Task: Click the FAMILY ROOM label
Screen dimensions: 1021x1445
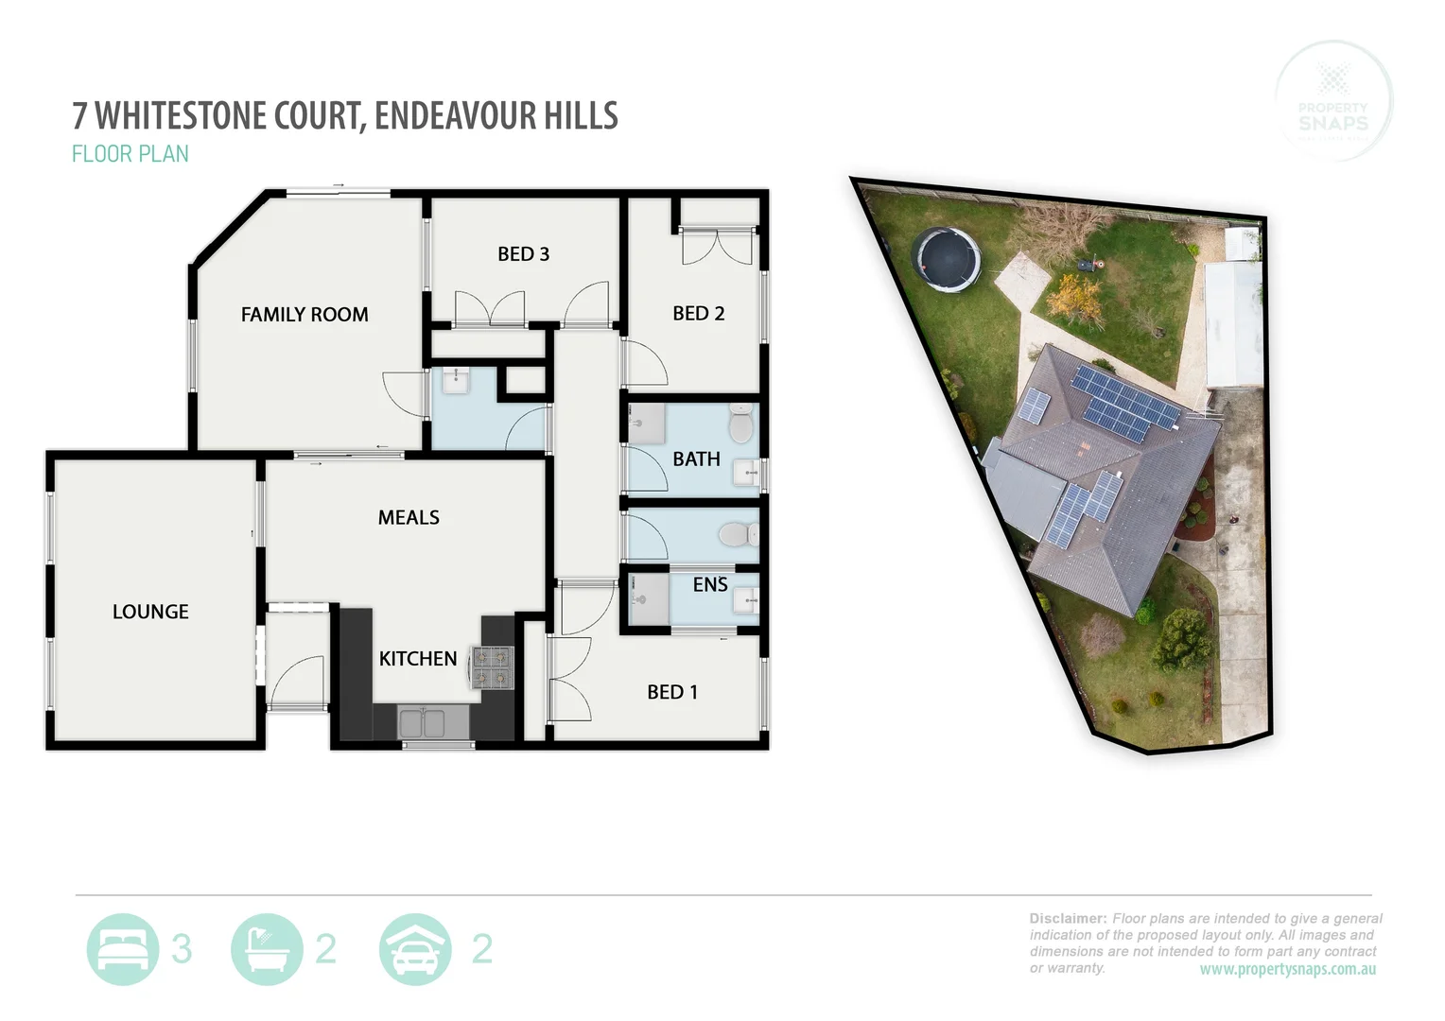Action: click(305, 315)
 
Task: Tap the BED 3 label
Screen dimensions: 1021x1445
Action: click(523, 254)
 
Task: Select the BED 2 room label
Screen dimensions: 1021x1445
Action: click(698, 314)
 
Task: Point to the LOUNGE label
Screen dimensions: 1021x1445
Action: click(150, 612)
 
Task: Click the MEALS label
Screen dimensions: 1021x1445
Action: click(409, 517)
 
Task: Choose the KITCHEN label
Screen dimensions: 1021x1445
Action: click(418, 659)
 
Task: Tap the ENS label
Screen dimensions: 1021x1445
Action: click(709, 585)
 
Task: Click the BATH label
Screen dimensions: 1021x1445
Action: click(696, 459)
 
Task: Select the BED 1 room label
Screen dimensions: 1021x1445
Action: click(671, 692)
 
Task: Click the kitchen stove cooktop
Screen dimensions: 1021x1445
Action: click(492, 666)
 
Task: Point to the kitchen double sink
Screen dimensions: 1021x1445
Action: click(422, 723)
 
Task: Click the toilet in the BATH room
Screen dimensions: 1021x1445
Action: click(740, 424)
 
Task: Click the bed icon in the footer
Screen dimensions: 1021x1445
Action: click(122, 949)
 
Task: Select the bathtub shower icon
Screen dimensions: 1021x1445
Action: click(267, 949)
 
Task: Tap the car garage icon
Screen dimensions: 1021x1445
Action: click(415, 949)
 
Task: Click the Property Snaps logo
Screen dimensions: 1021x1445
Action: click(1333, 100)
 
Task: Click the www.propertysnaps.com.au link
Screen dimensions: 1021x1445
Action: click(1287, 970)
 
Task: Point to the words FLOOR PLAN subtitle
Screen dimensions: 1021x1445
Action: click(131, 154)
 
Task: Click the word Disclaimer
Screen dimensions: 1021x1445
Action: click(1067, 918)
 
